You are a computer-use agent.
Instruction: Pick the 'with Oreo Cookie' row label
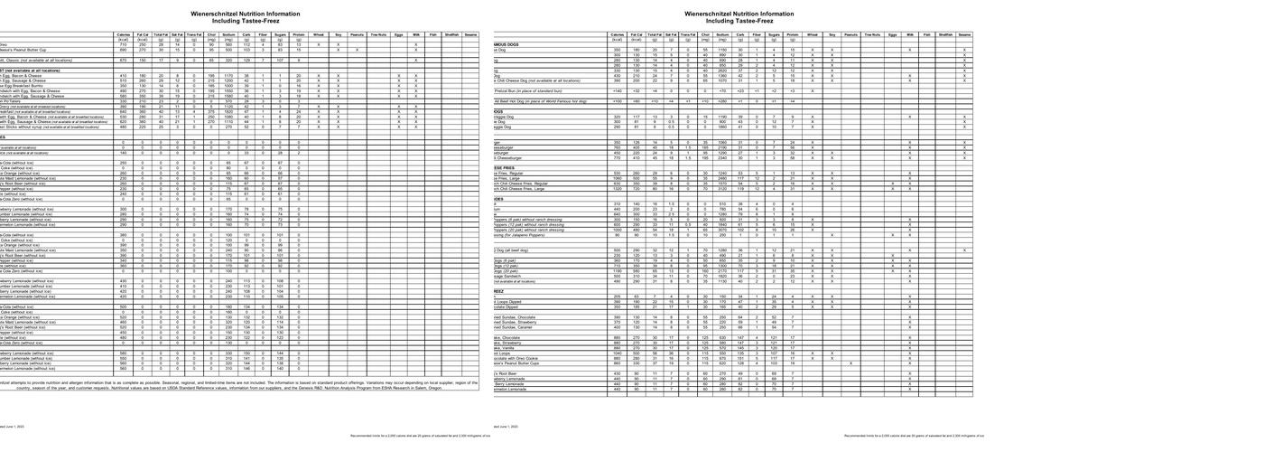(x=514, y=358)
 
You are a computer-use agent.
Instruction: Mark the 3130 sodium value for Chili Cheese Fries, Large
(x=721, y=189)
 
